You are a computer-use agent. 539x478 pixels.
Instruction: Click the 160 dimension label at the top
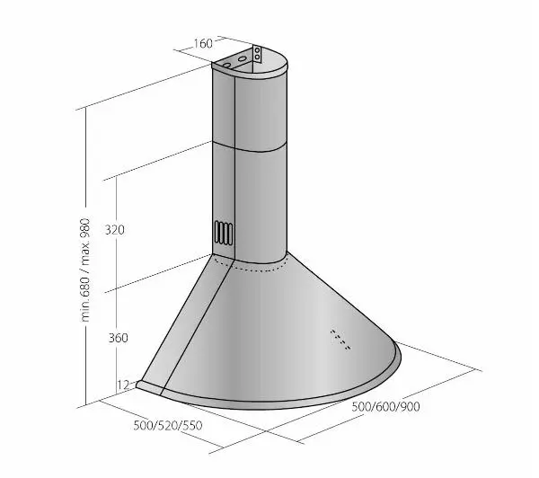tap(203, 44)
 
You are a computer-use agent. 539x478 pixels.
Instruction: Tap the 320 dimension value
tap(115, 230)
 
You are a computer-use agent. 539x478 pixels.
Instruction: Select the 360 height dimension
tap(119, 338)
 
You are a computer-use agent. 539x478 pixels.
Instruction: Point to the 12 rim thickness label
tap(123, 385)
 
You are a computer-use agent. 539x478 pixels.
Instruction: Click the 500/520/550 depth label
tap(168, 425)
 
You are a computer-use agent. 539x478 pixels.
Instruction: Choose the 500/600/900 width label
tap(385, 407)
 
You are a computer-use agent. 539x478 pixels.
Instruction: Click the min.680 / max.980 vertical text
tap(85, 270)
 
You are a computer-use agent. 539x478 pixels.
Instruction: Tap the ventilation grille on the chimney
tap(224, 233)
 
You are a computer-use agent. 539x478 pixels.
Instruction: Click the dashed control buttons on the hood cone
tap(340, 340)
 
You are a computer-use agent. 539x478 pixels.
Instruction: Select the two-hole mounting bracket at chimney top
tap(257, 54)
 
